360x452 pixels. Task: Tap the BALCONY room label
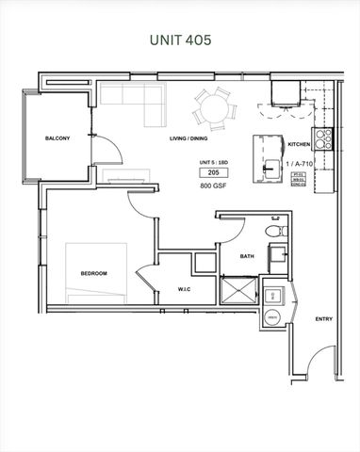pyautogui.click(x=57, y=139)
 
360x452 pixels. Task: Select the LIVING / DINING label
pyautogui.click(x=188, y=139)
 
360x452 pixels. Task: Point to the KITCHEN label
pyautogui.click(x=299, y=144)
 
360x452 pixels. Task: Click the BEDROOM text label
pyautogui.click(x=93, y=273)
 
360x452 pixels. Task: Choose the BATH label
pyautogui.click(x=247, y=256)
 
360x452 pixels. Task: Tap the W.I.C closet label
pyautogui.click(x=185, y=289)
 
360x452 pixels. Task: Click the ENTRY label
pyautogui.click(x=323, y=319)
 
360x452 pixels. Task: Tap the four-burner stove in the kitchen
pyautogui.click(x=322, y=139)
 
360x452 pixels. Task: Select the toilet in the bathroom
pyautogui.click(x=273, y=231)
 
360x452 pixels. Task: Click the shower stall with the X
pyautogui.click(x=237, y=289)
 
